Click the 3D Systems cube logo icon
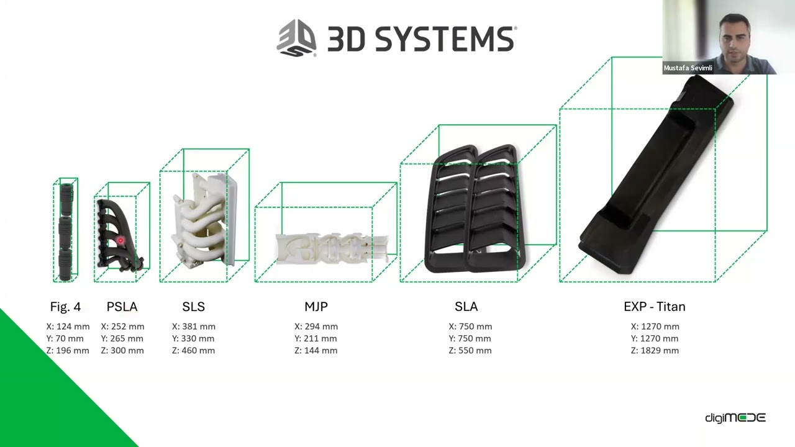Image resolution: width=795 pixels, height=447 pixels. point(296,38)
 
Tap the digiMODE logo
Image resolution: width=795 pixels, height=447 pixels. point(735,418)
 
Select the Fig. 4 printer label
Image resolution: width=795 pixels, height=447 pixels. point(65,307)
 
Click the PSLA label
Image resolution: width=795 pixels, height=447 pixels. point(122,307)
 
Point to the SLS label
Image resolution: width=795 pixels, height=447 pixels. point(193,307)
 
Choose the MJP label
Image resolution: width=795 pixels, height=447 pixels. point(316,307)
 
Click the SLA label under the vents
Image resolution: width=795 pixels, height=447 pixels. point(466,307)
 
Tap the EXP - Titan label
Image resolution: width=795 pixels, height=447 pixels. point(655,307)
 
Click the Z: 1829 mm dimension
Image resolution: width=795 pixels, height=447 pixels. point(655,351)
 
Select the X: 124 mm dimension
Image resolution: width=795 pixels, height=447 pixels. point(68,327)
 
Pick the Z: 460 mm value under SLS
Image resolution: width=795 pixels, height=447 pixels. point(193,351)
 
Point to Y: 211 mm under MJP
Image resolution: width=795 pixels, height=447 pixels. point(316,338)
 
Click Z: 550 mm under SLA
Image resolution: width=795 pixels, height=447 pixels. point(470,351)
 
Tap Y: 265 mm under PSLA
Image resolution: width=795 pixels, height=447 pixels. point(122,338)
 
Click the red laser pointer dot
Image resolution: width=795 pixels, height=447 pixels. point(120,240)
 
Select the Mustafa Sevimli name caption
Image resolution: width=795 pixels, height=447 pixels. point(688,68)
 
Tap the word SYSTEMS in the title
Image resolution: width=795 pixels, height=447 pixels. point(445,39)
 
